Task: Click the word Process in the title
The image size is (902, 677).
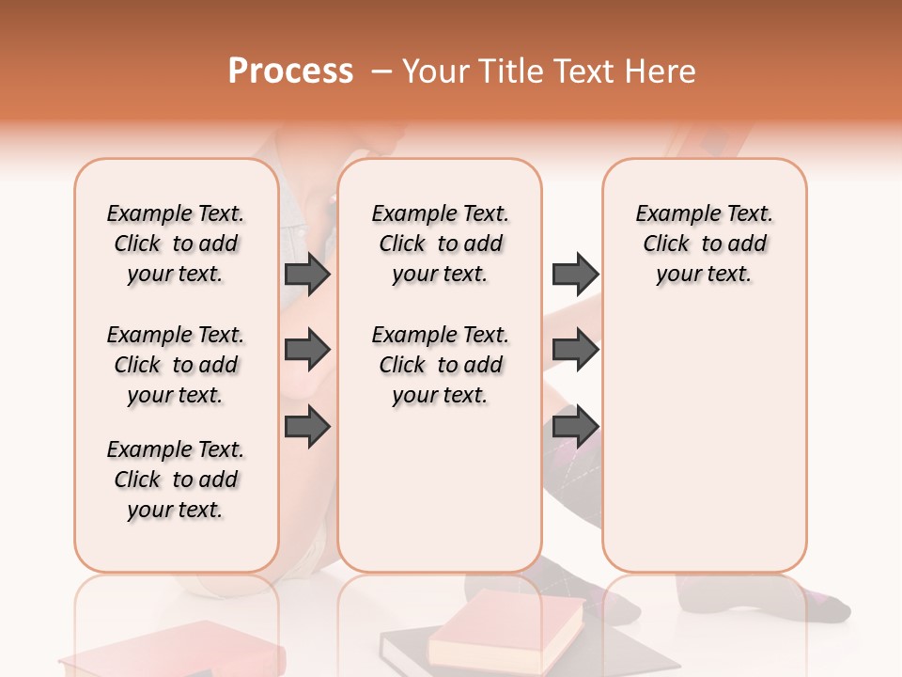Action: coord(290,71)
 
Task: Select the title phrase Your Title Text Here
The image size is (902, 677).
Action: coord(549,71)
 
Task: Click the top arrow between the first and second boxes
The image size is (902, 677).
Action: coord(307,275)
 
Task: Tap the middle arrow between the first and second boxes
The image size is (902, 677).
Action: coord(307,351)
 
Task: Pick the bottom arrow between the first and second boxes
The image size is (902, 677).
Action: coord(307,427)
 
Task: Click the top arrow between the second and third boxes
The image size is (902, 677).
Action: coord(575,275)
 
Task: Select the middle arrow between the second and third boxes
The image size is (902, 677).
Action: coord(575,351)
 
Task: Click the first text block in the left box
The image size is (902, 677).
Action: coord(176,244)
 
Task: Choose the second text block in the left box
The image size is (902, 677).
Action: coord(176,365)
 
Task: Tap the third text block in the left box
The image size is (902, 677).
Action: coord(176,480)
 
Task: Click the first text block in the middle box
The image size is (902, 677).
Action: coord(440,244)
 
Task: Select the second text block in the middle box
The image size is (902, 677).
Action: coord(440,365)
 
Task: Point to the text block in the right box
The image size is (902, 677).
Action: coord(704,244)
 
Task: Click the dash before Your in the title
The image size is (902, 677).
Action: coord(381,71)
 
